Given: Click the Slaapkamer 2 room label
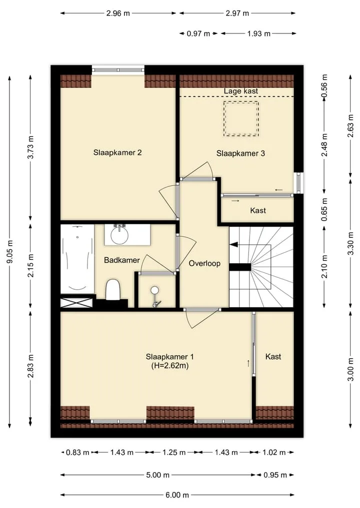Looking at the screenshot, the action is [117, 152].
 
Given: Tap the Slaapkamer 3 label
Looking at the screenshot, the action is [240, 153].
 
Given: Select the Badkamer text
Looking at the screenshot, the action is [122, 260].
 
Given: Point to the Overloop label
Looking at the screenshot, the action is [204, 263].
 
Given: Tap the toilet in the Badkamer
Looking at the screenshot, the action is [113, 289].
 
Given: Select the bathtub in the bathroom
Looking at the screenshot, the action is [77, 259].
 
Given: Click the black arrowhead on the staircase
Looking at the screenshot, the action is [234, 245].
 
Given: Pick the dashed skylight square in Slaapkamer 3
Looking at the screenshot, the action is [241, 118].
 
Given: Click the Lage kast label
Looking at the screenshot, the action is [241, 91].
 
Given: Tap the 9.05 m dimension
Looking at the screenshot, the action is [9, 252].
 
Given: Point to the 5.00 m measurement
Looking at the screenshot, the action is [158, 475].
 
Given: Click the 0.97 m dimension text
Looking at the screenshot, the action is [198, 33].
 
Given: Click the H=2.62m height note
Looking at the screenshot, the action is [170, 366].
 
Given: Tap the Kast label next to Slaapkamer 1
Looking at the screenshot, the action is [273, 356].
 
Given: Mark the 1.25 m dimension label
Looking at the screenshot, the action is [174, 452].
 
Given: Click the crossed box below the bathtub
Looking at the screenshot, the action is [76, 303].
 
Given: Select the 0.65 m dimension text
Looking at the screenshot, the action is [324, 210].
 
